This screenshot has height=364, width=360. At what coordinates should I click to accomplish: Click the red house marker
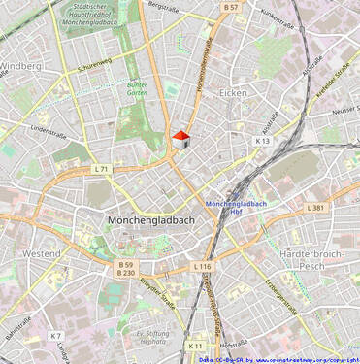tap(180, 139)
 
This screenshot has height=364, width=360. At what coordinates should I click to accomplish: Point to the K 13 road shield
tap(262, 141)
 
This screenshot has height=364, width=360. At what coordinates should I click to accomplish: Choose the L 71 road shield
tap(102, 169)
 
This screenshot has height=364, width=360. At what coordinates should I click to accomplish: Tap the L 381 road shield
tap(314, 208)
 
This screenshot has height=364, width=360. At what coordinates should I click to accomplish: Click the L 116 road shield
tap(202, 266)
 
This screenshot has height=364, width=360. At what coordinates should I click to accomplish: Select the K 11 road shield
tap(196, 345)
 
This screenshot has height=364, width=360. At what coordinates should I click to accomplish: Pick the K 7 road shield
tap(55, 335)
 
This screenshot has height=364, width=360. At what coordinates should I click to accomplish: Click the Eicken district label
tap(233, 93)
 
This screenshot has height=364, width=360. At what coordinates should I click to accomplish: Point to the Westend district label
tap(41, 253)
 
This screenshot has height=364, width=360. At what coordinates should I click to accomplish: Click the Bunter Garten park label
tap(138, 88)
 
